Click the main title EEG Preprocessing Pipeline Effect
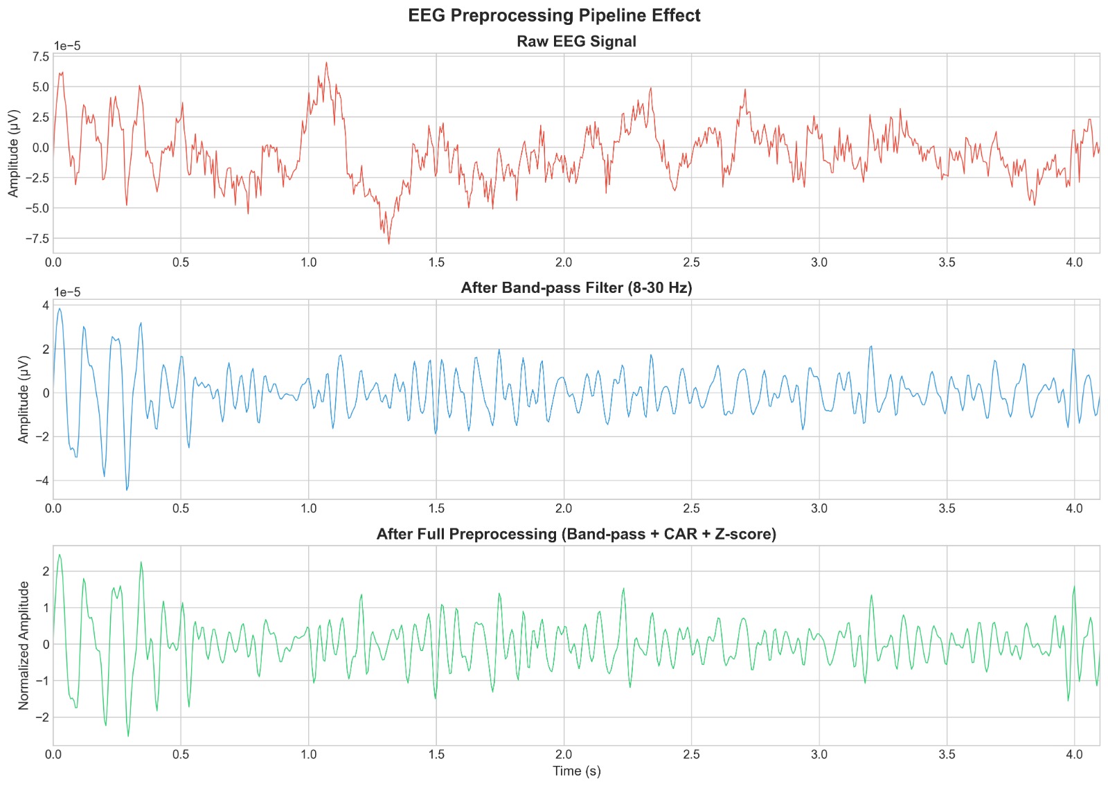click(x=554, y=15)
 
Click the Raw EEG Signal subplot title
click(x=576, y=42)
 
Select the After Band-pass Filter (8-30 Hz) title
click(x=576, y=288)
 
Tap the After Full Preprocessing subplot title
click(x=576, y=534)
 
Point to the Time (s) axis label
click(x=576, y=771)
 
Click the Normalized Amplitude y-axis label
click(x=24, y=645)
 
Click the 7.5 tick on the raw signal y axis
click(x=41, y=57)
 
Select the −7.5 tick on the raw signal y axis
click(x=37, y=238)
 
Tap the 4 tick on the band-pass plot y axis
click(x=45, y=305)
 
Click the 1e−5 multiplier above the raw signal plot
click(x=67, y=46)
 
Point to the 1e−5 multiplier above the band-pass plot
click(x=67, y=292)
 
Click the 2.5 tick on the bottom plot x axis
click(x=691, y=755)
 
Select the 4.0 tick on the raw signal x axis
click(x=1074, y=262)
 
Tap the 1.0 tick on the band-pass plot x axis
click(x=309, y=508)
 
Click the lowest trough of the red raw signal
click(x=388, y=244)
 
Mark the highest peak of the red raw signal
click(x=326, y=62)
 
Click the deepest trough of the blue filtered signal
click(x=127, y=490)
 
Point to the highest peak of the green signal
click(x=60, y=555)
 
